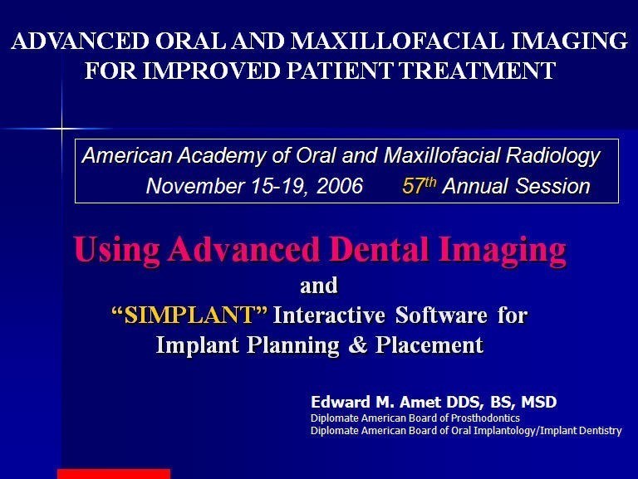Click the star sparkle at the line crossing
pyautogui.click(x=61, y=129)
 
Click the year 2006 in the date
pyautogui.click(x=339, y=186)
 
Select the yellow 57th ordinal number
pyautogui.click(x=419, y=185)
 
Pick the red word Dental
pyautogui.click(x=379, y=249)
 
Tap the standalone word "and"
pyautogui.click(x=319, y=286)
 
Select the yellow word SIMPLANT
pyautogui.click(x=189, y=315)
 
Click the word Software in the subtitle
pyautogui.click(x=441, y=315)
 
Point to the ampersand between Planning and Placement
pyautogui.click(x=358, y=345)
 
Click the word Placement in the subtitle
pyautogui.click(x=429, y=345)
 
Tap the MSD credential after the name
pyautogui.click(x=538, y=402)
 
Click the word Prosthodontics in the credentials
pyautogui.click(x=485, y=418)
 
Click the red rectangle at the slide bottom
pyautogui.click(x=114, y=474)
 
